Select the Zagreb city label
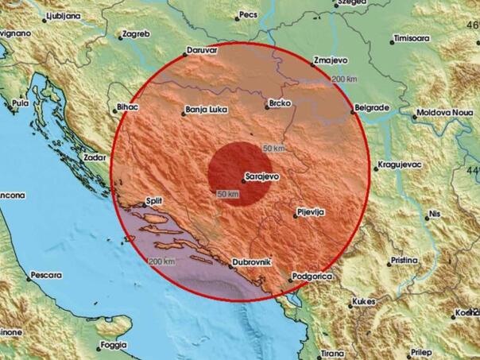coord(135,35)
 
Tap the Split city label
coord(155,203)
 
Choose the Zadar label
coord(95,157)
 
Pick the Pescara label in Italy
coord(46,275)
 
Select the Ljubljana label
coord(45,14)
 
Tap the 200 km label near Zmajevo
coord(344,79)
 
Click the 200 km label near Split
coord(161,261)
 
